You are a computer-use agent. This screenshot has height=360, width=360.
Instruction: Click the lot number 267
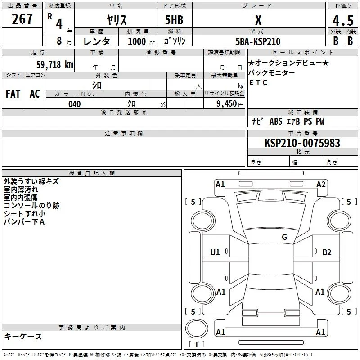click(22, 19)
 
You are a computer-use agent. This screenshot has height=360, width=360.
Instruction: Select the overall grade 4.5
click(343, 20)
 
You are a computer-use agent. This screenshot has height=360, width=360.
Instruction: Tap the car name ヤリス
click(117, 20)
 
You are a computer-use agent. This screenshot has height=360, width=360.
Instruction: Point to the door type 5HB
click(174, 20)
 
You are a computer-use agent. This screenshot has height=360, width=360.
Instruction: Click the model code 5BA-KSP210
click(258, 41)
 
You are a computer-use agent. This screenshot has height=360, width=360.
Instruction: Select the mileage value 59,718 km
click(55, 64)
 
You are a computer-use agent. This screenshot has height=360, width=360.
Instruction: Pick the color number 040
click(75, 104)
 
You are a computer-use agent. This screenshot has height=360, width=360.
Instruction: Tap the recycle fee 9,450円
click(230, 104)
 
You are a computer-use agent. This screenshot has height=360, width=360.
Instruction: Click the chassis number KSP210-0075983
click(302, 143)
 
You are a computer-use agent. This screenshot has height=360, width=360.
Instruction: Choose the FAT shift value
click(13, 94)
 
